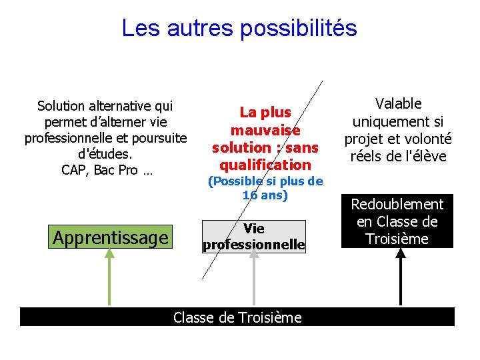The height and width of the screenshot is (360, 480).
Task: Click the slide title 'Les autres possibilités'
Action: point(239,28)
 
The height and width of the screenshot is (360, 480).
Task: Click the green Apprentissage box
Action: point(111,237)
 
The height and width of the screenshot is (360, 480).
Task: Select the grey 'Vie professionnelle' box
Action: point(254,237)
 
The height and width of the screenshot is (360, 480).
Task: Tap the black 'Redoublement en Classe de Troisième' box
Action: point(397,222)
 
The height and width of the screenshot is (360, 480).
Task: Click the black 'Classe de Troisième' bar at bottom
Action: point(237,317)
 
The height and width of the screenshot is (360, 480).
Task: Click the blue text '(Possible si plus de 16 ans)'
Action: point(265,188)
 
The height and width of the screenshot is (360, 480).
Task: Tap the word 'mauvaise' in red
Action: point(265,130)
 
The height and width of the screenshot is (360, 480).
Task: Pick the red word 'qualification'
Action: point(265,164)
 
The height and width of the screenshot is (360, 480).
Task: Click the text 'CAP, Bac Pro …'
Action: point(107,170)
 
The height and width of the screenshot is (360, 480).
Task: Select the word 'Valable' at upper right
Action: point(398,103)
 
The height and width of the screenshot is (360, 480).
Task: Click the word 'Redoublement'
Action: point(397,204)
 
